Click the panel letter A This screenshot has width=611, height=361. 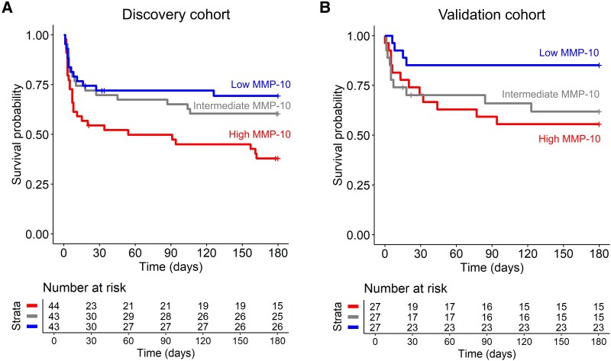[x=8, y=10]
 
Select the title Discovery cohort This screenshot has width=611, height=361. [x=170, y=13]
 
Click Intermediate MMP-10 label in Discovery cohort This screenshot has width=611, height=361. [x=241, y=105]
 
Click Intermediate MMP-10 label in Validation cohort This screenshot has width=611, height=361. [x=550, y=95]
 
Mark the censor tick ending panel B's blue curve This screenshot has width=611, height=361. [x=600, y=66]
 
